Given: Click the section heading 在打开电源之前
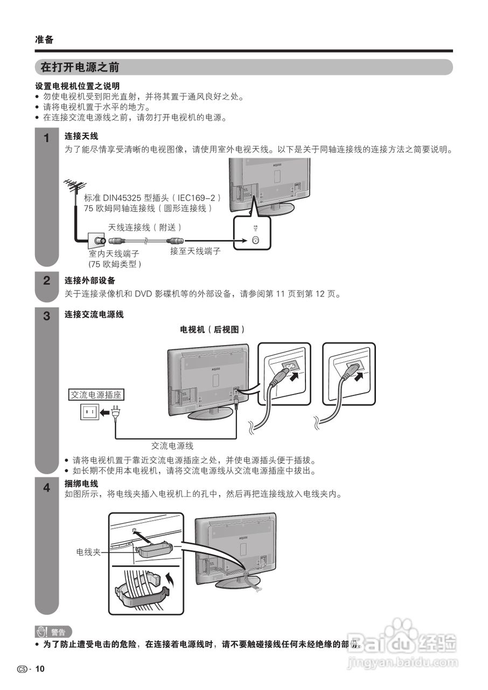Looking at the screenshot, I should [80, 67].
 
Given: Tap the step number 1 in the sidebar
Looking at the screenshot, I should [47, 138].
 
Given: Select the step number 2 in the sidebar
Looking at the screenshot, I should [47, 280].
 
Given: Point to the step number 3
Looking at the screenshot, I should [47, 315].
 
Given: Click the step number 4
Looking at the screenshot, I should [47, 488].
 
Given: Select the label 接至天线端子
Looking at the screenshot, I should [195, 251].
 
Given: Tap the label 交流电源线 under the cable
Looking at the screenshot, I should [172, 446].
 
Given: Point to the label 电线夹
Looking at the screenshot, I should [88, 552].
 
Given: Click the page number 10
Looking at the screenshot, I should [40, 669].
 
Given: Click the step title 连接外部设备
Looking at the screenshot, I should [90, 280].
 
